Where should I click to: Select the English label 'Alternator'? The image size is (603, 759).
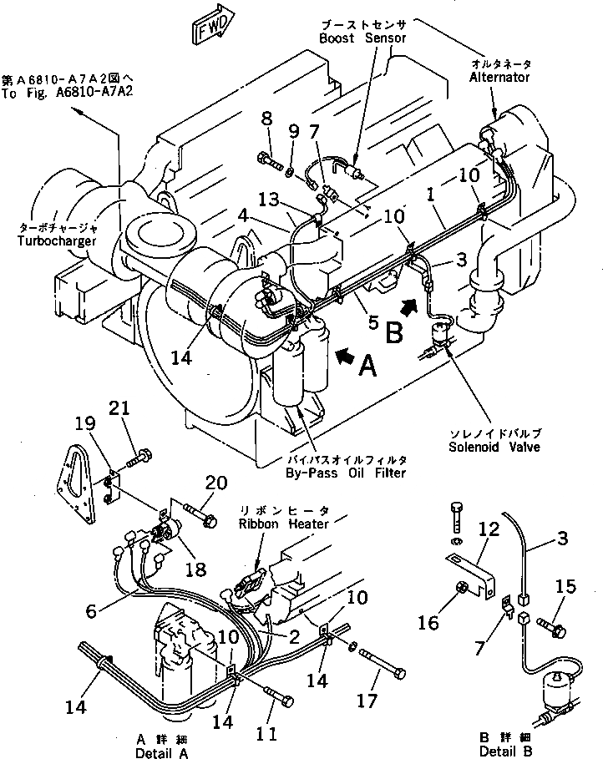[x=499, y=77]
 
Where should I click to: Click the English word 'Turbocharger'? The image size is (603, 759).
[x=55, y=241]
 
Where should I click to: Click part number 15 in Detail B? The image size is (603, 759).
[x=565, y=587]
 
